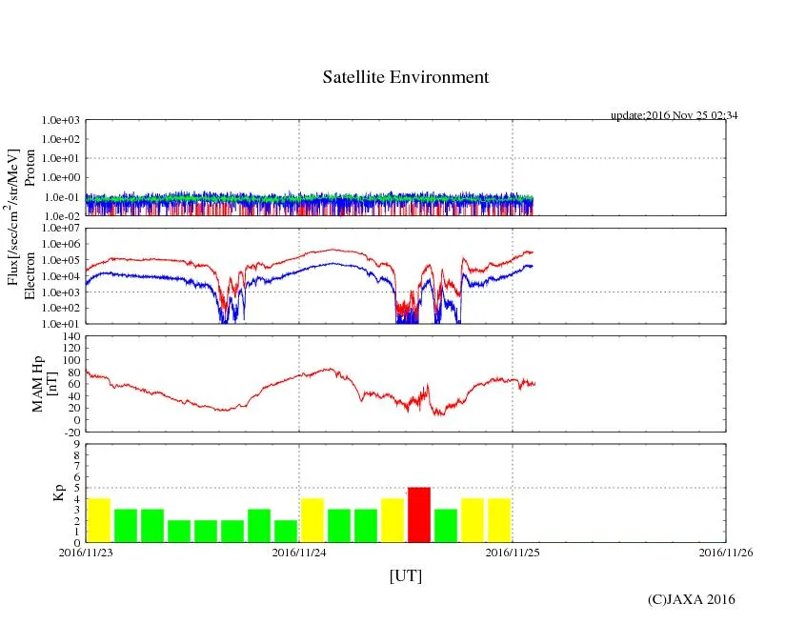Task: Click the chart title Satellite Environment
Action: pyautogui.click(x=405, y=77)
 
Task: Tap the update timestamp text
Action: pyautogui.click(x=674, y=115)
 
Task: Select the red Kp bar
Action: pyautogui.click(x=419, y=514)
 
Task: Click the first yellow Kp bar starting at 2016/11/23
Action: pyautogui.click(x=98, y=520)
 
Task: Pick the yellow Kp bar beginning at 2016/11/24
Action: pyautogui.click(x=312, y=520)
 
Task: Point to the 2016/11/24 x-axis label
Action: pyautogui.click(x=299, y=552)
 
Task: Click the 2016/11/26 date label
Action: pyautogui.click(x=726, y=552)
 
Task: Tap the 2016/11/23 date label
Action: pyautogui.click(x=85, y=552)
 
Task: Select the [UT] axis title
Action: pyautogui.click(x=405, y=575)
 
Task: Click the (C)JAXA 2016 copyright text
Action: pyautogui.click(x=691, y=599)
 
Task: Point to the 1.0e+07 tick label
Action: pyautogui.click(x=61, y=229)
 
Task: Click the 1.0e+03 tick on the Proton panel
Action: pyautogui.click(x=61, y=121)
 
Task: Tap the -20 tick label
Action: pyautogui.click(x=71, y=432)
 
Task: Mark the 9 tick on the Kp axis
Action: pyautogui.click(x=75, y=444)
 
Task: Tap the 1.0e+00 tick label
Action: pyautogui.click(x=61, y=178)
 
